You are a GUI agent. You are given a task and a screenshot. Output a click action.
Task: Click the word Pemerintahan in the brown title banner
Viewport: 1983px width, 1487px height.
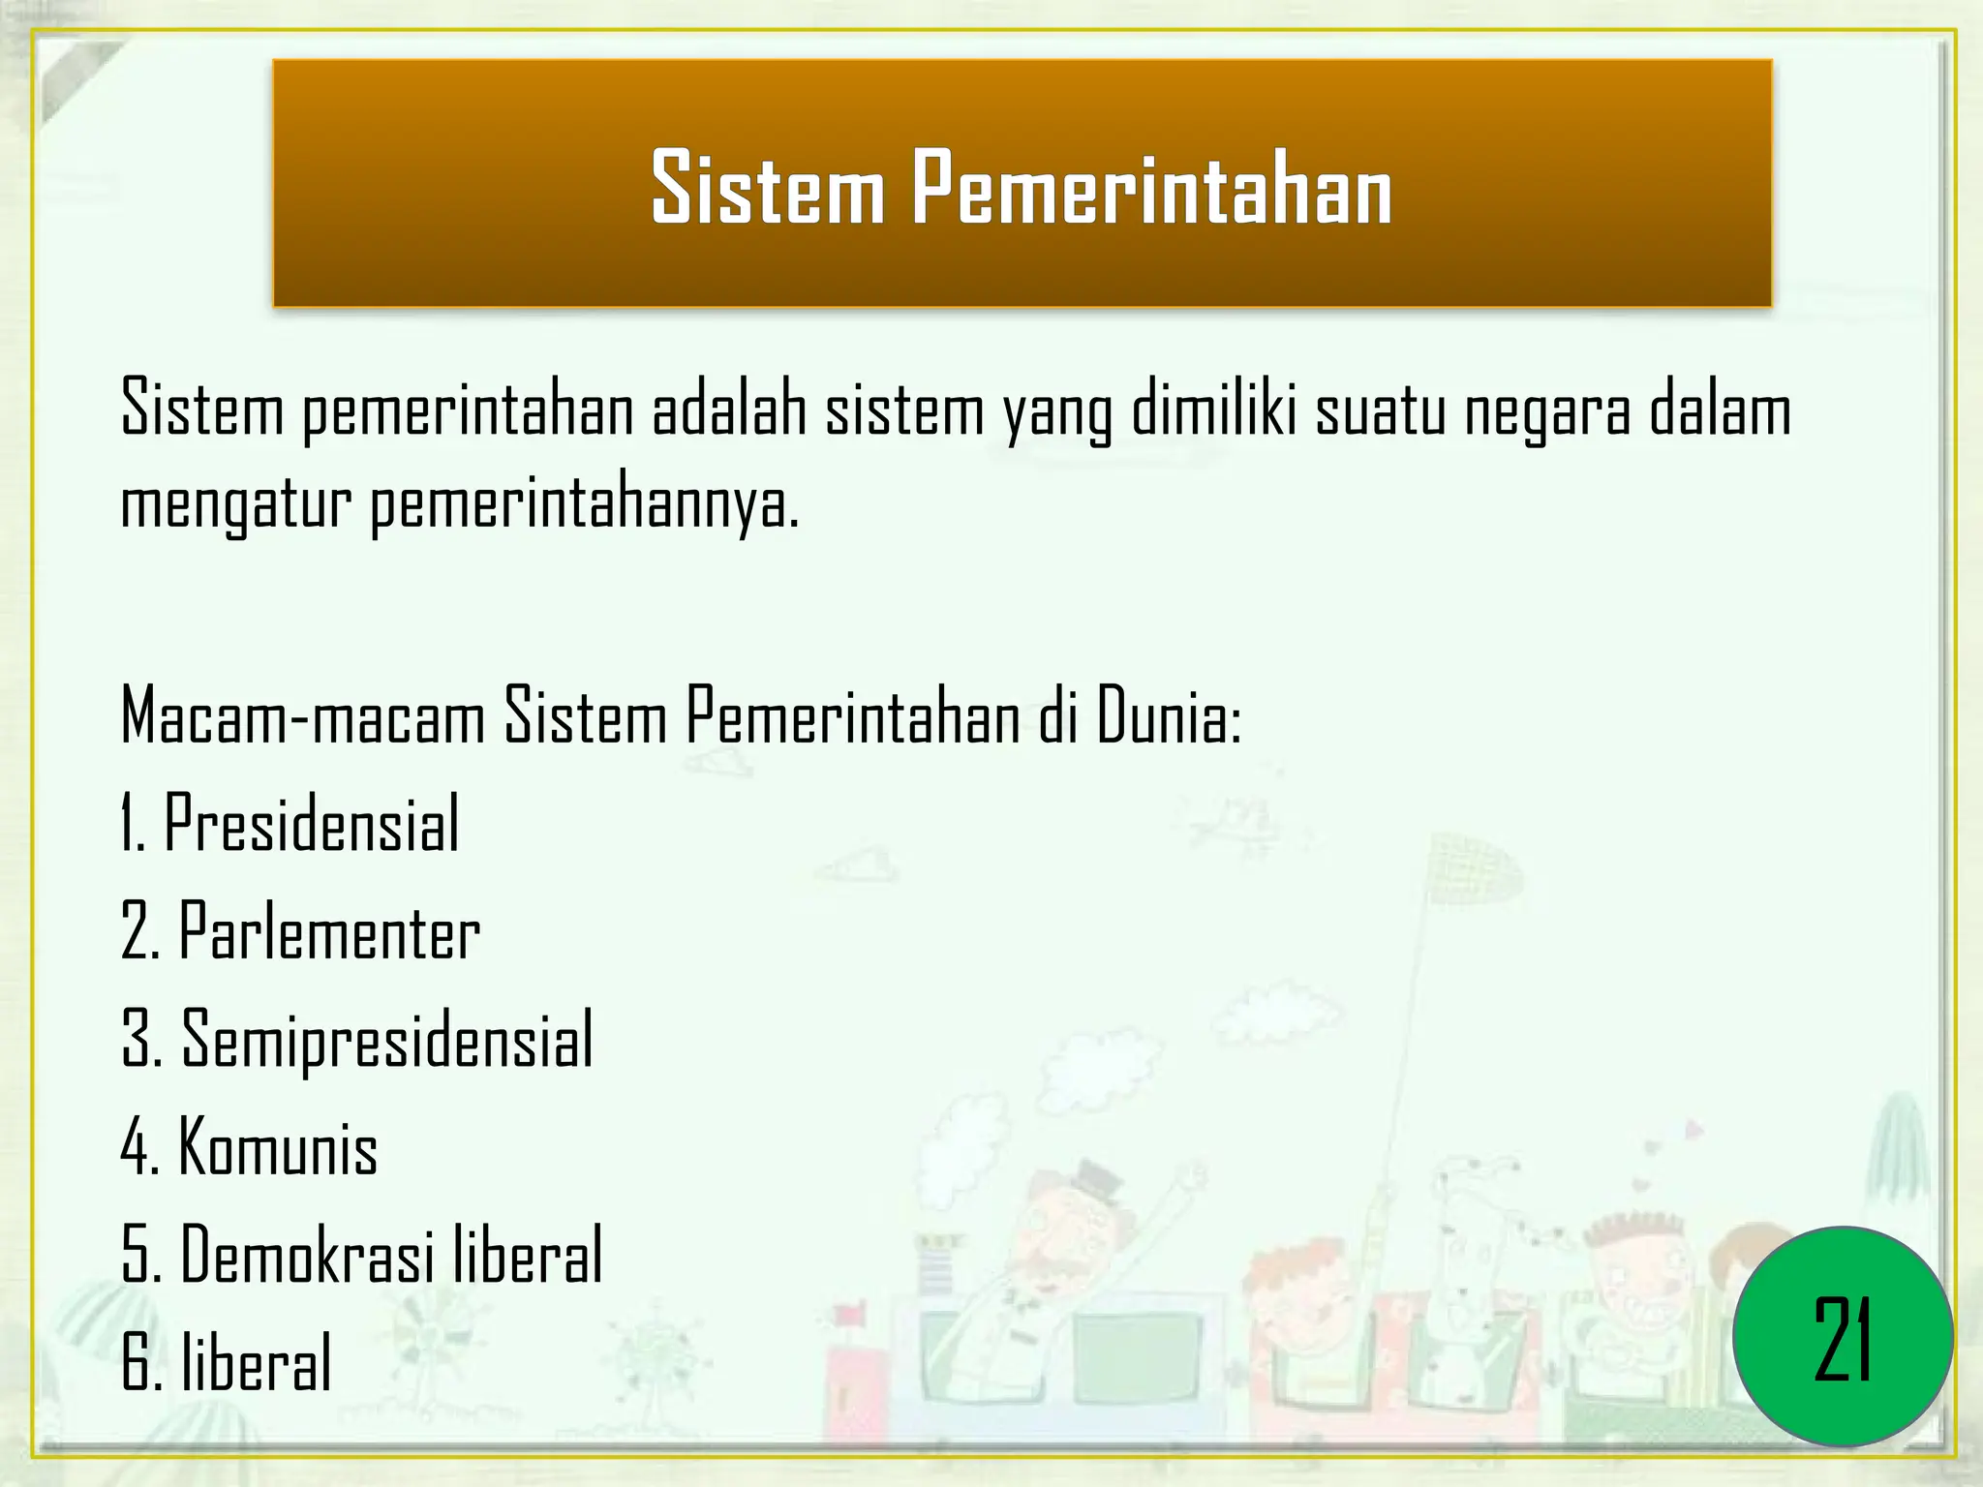(1150, 189)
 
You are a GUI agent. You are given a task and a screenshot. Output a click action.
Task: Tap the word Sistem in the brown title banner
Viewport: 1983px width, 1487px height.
(768, 189)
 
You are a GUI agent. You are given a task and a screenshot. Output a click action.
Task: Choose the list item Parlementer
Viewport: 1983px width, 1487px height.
(329, 932)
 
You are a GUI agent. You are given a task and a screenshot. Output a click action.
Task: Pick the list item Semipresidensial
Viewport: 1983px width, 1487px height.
(387, 1039)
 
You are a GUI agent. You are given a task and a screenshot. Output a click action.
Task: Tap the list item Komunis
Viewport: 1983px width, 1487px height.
(278, 1148)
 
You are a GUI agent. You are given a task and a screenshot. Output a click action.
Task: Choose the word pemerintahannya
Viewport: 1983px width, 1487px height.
(585, 505)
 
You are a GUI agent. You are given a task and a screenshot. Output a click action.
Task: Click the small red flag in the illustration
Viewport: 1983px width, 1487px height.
(850, 1314)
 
